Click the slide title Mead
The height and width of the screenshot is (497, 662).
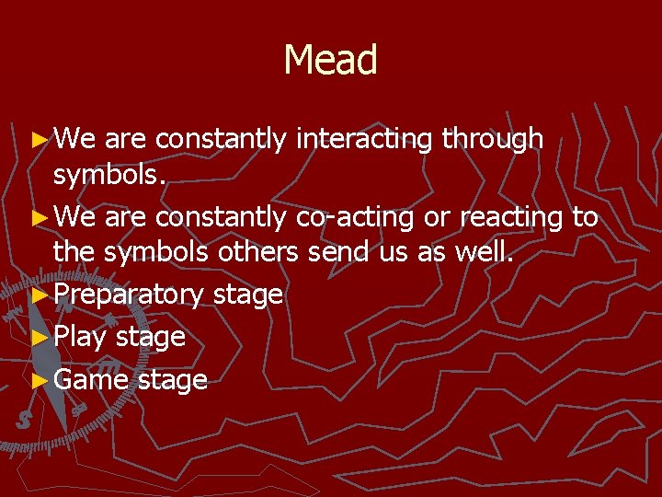pyautogui.click(x=330, y=60)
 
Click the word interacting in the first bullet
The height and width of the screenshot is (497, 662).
pyautogui.click(x=364, y=139)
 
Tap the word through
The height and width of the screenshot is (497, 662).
pyautogui.click(x=492, y=139)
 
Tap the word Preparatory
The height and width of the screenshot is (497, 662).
pyautogui.click(x=129, y=295)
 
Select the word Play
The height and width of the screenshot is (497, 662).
pyautogui.click(x=81, y=337)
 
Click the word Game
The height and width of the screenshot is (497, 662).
pyautogui.click(x=91, y=379)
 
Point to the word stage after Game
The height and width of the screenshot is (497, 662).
pyautogui.click(x=172, y=379)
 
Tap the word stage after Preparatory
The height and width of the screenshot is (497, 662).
pyautogui.click(x=247, y=295)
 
